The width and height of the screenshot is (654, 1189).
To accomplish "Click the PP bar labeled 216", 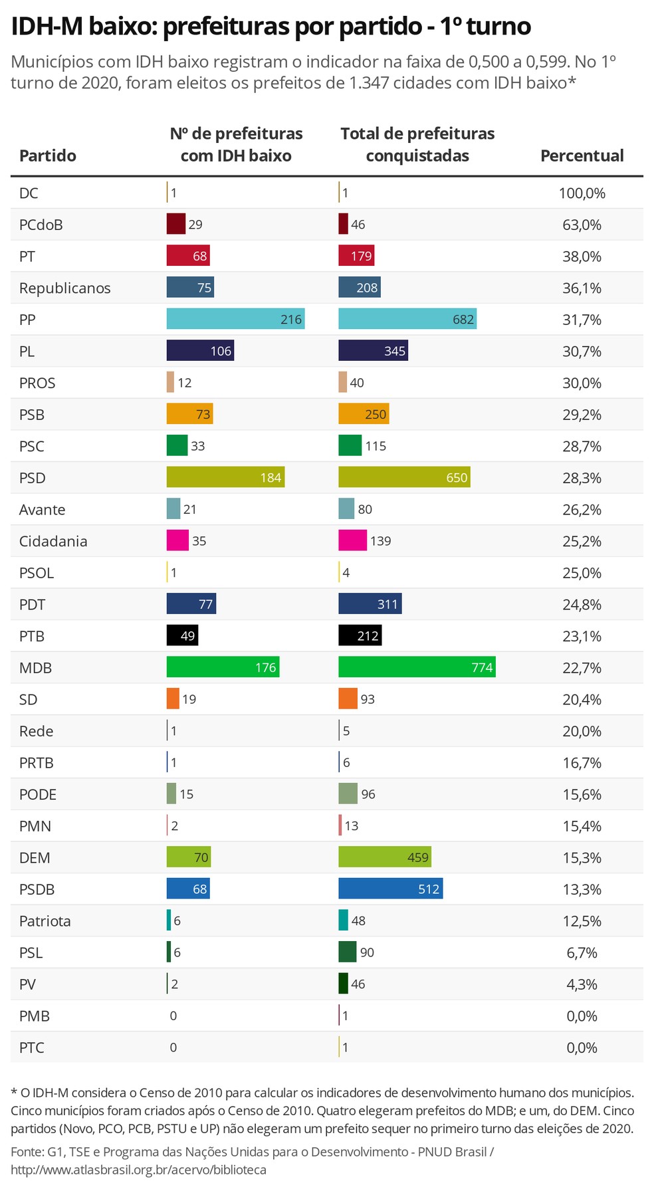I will coord(235,320).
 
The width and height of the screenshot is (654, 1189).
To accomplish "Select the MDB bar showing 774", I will coord(417,668).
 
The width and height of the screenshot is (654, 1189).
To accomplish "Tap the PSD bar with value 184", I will coord(225,478).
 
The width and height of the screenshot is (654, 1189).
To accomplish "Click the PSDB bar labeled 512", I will coord(390,889).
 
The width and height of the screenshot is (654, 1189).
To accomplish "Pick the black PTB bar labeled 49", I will coord(182,636).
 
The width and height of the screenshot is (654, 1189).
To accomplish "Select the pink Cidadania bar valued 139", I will coord(352,541).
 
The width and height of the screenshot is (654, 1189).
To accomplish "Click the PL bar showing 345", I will coord(373,351).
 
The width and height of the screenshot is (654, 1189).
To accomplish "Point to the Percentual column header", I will coord(582,156).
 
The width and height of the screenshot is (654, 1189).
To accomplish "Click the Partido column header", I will coord(48,156).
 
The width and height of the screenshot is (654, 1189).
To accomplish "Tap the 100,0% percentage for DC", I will coord(582,193).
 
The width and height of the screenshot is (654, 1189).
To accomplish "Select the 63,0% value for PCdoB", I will coord(582,225).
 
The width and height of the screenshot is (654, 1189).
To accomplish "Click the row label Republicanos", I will coord(64,288).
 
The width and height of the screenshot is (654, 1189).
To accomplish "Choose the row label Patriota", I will coord(45,921).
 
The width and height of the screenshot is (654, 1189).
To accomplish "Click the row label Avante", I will coord(42,510).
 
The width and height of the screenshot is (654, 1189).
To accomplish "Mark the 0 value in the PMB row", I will coord(173,1016).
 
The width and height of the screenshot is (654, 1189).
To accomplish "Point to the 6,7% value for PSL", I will coord(582,953).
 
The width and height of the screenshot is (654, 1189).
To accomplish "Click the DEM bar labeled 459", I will coord(385,857).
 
